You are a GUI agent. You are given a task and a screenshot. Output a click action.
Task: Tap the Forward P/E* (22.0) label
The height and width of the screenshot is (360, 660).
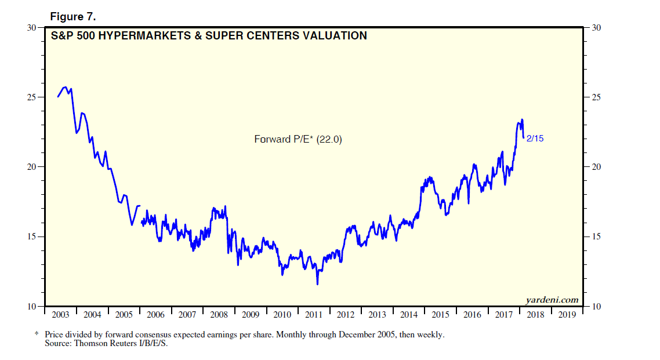(x=298, y=139)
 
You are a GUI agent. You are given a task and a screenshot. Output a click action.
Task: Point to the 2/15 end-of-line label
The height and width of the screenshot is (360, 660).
(x=535, y=139)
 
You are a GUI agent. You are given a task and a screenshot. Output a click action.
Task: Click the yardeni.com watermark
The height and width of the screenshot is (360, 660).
(x=552, y=300)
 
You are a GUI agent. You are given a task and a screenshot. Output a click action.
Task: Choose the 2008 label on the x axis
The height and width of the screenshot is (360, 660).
(x=219, y=315)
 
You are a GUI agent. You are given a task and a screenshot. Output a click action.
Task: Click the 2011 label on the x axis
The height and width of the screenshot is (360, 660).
(x=314, y=315)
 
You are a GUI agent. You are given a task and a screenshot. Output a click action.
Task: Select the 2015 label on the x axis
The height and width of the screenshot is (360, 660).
(x=441, y=315)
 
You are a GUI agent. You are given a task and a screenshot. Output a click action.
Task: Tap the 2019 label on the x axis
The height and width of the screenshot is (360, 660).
(x=567, y=315)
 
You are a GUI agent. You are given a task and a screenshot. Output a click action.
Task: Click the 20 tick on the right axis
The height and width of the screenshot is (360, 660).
(x=597, y=167)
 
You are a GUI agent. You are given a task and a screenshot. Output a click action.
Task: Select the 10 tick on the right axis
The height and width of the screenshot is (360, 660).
(x=597, y=306)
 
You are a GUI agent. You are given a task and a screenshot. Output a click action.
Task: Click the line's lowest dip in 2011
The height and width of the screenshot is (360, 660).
(x=317, y=283)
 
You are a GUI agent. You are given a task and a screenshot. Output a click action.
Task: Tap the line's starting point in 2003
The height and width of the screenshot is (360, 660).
(x=57, y=97)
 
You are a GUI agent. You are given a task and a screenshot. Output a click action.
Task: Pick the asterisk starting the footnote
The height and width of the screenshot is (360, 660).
(x=37, y=334)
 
